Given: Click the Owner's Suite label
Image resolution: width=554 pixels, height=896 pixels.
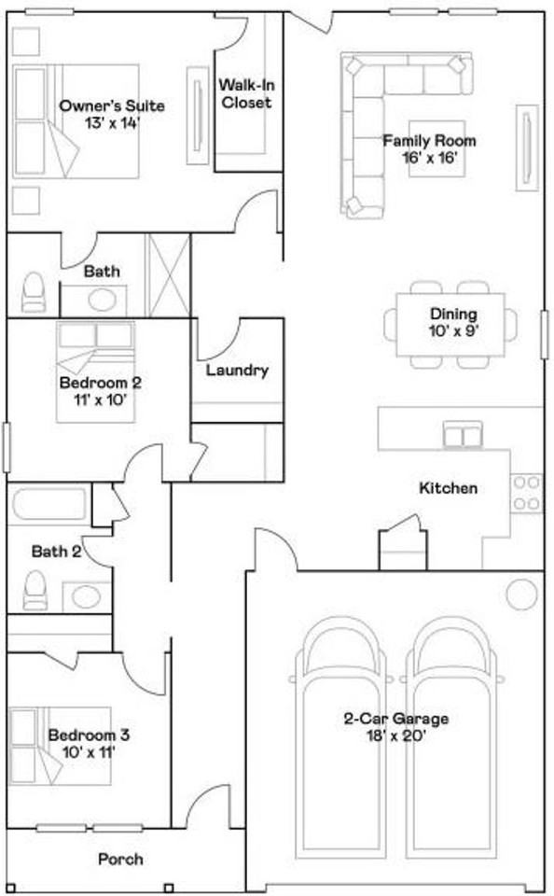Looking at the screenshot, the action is coord(112,105).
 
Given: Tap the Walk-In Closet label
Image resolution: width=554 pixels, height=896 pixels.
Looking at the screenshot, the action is coord(247,93).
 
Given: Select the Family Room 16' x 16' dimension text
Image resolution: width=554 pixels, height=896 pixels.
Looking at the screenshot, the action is coord(430,158).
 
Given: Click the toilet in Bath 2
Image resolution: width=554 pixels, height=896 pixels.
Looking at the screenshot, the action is coord(35,590).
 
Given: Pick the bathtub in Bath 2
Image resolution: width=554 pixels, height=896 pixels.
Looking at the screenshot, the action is coord(48,503).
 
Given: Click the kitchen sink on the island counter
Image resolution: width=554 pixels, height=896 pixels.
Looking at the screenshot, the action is coord(463,434).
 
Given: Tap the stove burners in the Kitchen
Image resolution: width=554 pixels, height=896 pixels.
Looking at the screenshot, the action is coord(527,493).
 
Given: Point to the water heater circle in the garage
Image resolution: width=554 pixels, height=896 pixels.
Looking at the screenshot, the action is coord(522,595).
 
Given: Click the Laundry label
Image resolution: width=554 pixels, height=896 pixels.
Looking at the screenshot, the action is coord(237,371).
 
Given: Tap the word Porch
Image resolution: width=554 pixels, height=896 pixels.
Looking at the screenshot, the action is coord(120,859).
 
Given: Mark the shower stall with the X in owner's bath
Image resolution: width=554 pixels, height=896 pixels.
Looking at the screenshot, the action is coord(168,275).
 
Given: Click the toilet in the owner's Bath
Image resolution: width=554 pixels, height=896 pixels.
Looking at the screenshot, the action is coord(34,291).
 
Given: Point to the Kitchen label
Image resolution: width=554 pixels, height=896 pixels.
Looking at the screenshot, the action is coord(449,488).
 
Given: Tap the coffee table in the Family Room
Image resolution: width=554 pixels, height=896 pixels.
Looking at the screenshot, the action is coord(436,148).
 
